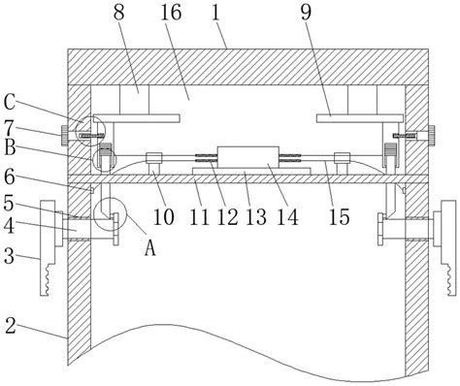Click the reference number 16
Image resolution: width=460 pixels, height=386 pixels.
(x=171, y=13)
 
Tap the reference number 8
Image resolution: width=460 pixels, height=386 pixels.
(x=119, y=13)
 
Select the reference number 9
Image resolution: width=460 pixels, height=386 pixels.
(x=306, y=13)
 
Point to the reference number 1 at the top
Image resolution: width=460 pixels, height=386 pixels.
(x=216, y=13)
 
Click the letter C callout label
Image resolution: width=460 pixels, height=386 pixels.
(x=10, y=103)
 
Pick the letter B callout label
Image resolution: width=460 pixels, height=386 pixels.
(x=10, y=148)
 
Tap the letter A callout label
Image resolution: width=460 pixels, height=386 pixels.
(x=150, y=249)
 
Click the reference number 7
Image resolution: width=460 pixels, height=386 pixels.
(x=10, y=128)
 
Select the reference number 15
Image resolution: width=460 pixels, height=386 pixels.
(x=340, y=216)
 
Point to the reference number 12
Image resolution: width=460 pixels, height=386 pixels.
(x=227, y=216)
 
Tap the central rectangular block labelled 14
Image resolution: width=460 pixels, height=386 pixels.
(x=248, y=157)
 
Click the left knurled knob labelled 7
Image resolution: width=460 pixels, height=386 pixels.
(x=65, y=135)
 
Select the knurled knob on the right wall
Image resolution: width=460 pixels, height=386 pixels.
(x=432, y=135)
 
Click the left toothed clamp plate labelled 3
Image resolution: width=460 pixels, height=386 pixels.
(x=48, y=247)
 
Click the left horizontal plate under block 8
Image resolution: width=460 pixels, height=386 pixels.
(x=136, y=118)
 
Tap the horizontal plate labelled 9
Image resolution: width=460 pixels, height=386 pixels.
(x=360, y=118)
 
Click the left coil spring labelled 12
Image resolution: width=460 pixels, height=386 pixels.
(x=206, y=158)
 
